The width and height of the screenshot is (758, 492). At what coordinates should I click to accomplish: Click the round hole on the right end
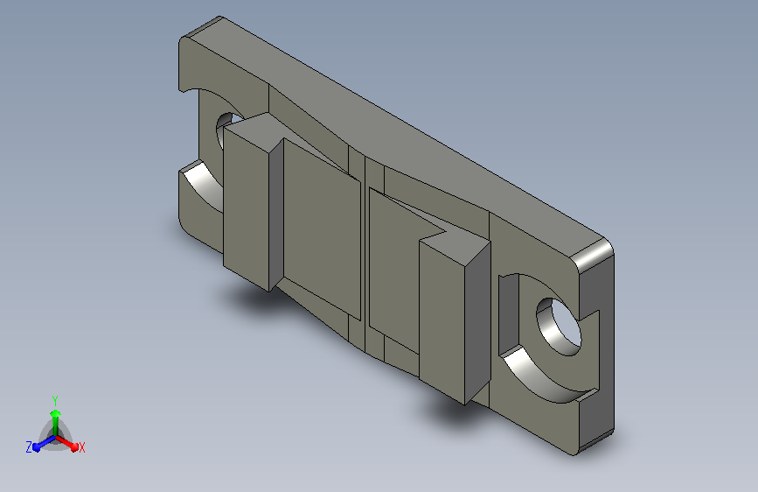tap(559, 327)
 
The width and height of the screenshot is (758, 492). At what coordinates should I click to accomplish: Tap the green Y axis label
tap(55, 401)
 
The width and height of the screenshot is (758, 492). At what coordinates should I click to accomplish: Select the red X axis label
tap(81, 448)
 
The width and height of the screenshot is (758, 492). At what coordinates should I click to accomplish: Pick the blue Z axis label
tap(29, 447)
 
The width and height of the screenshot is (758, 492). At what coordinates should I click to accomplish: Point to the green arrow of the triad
tap(56, 422)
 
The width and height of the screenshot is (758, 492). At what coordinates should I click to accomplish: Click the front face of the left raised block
tap(246, 207)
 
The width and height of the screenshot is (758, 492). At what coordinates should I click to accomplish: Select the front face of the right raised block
tap(442, 321)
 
